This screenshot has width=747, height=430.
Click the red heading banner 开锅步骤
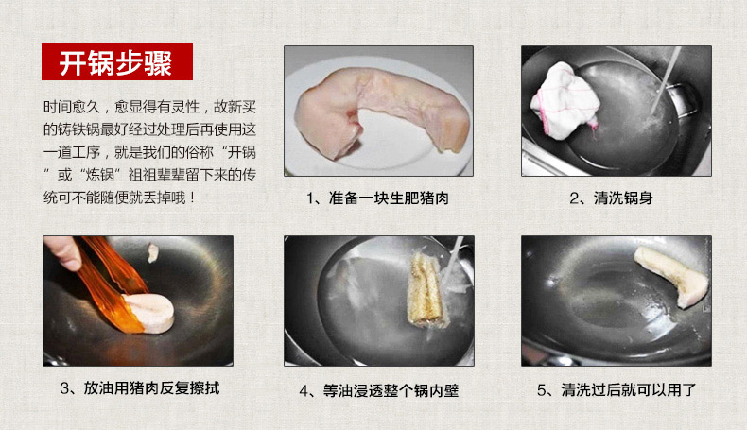pyautogui.click(x=117, y=62)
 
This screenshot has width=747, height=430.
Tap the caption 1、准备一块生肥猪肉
pyautogui.click(x=378, y=198)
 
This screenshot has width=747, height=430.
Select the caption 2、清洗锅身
pyautogui.click(x=611, y=198)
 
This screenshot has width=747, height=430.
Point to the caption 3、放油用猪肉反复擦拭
pyautogui.click(x=140, y=388)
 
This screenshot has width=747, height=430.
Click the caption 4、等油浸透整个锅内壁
pyautogui.click(x=379, y=391)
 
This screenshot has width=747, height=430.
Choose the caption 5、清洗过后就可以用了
pyautogui.click(x=617, y=390)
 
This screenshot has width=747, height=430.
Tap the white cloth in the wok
pyautogui.click(x=565, y=101)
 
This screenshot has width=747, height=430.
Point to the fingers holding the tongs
pyautogui.click(x=63, y=251)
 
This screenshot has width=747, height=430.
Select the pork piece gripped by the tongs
pyautogui.click(x=148, y=313)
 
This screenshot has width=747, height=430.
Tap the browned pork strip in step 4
pyautogui.click(x=427, y=290)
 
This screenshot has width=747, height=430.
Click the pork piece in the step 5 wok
pyautogui.click(x=670, y=275)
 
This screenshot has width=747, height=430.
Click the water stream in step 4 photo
pyautogui.click(x=452, y=259)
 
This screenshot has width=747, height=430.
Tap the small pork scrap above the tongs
pyautogui.click(x=152, y=252)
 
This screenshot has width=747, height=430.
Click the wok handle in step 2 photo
pyautogui.click(x=686, y=101)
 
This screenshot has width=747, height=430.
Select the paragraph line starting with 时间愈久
pyautogui.click(x=149, y=107)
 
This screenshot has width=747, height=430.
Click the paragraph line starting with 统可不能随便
pyautogui.click(x=119, y=198)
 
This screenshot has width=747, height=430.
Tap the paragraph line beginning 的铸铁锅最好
pyautogui.click(x=149, y=129)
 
